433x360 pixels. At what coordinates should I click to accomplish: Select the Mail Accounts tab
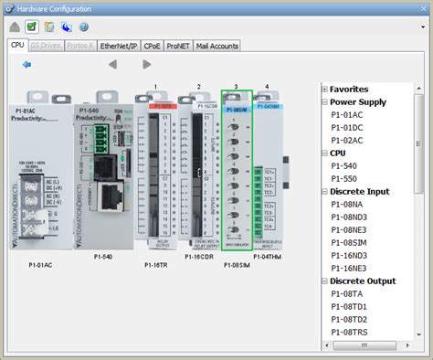216,45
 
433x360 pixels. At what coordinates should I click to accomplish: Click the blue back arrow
27,65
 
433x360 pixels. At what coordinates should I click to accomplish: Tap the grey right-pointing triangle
147,65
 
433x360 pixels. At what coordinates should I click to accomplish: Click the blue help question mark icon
83,27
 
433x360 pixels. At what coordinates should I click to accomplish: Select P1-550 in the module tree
344,178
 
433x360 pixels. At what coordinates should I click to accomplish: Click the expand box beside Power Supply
323,101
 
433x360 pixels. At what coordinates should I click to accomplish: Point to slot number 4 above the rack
267,87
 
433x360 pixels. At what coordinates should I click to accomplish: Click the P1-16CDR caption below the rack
199,256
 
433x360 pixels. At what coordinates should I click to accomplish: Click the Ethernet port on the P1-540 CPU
111,195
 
